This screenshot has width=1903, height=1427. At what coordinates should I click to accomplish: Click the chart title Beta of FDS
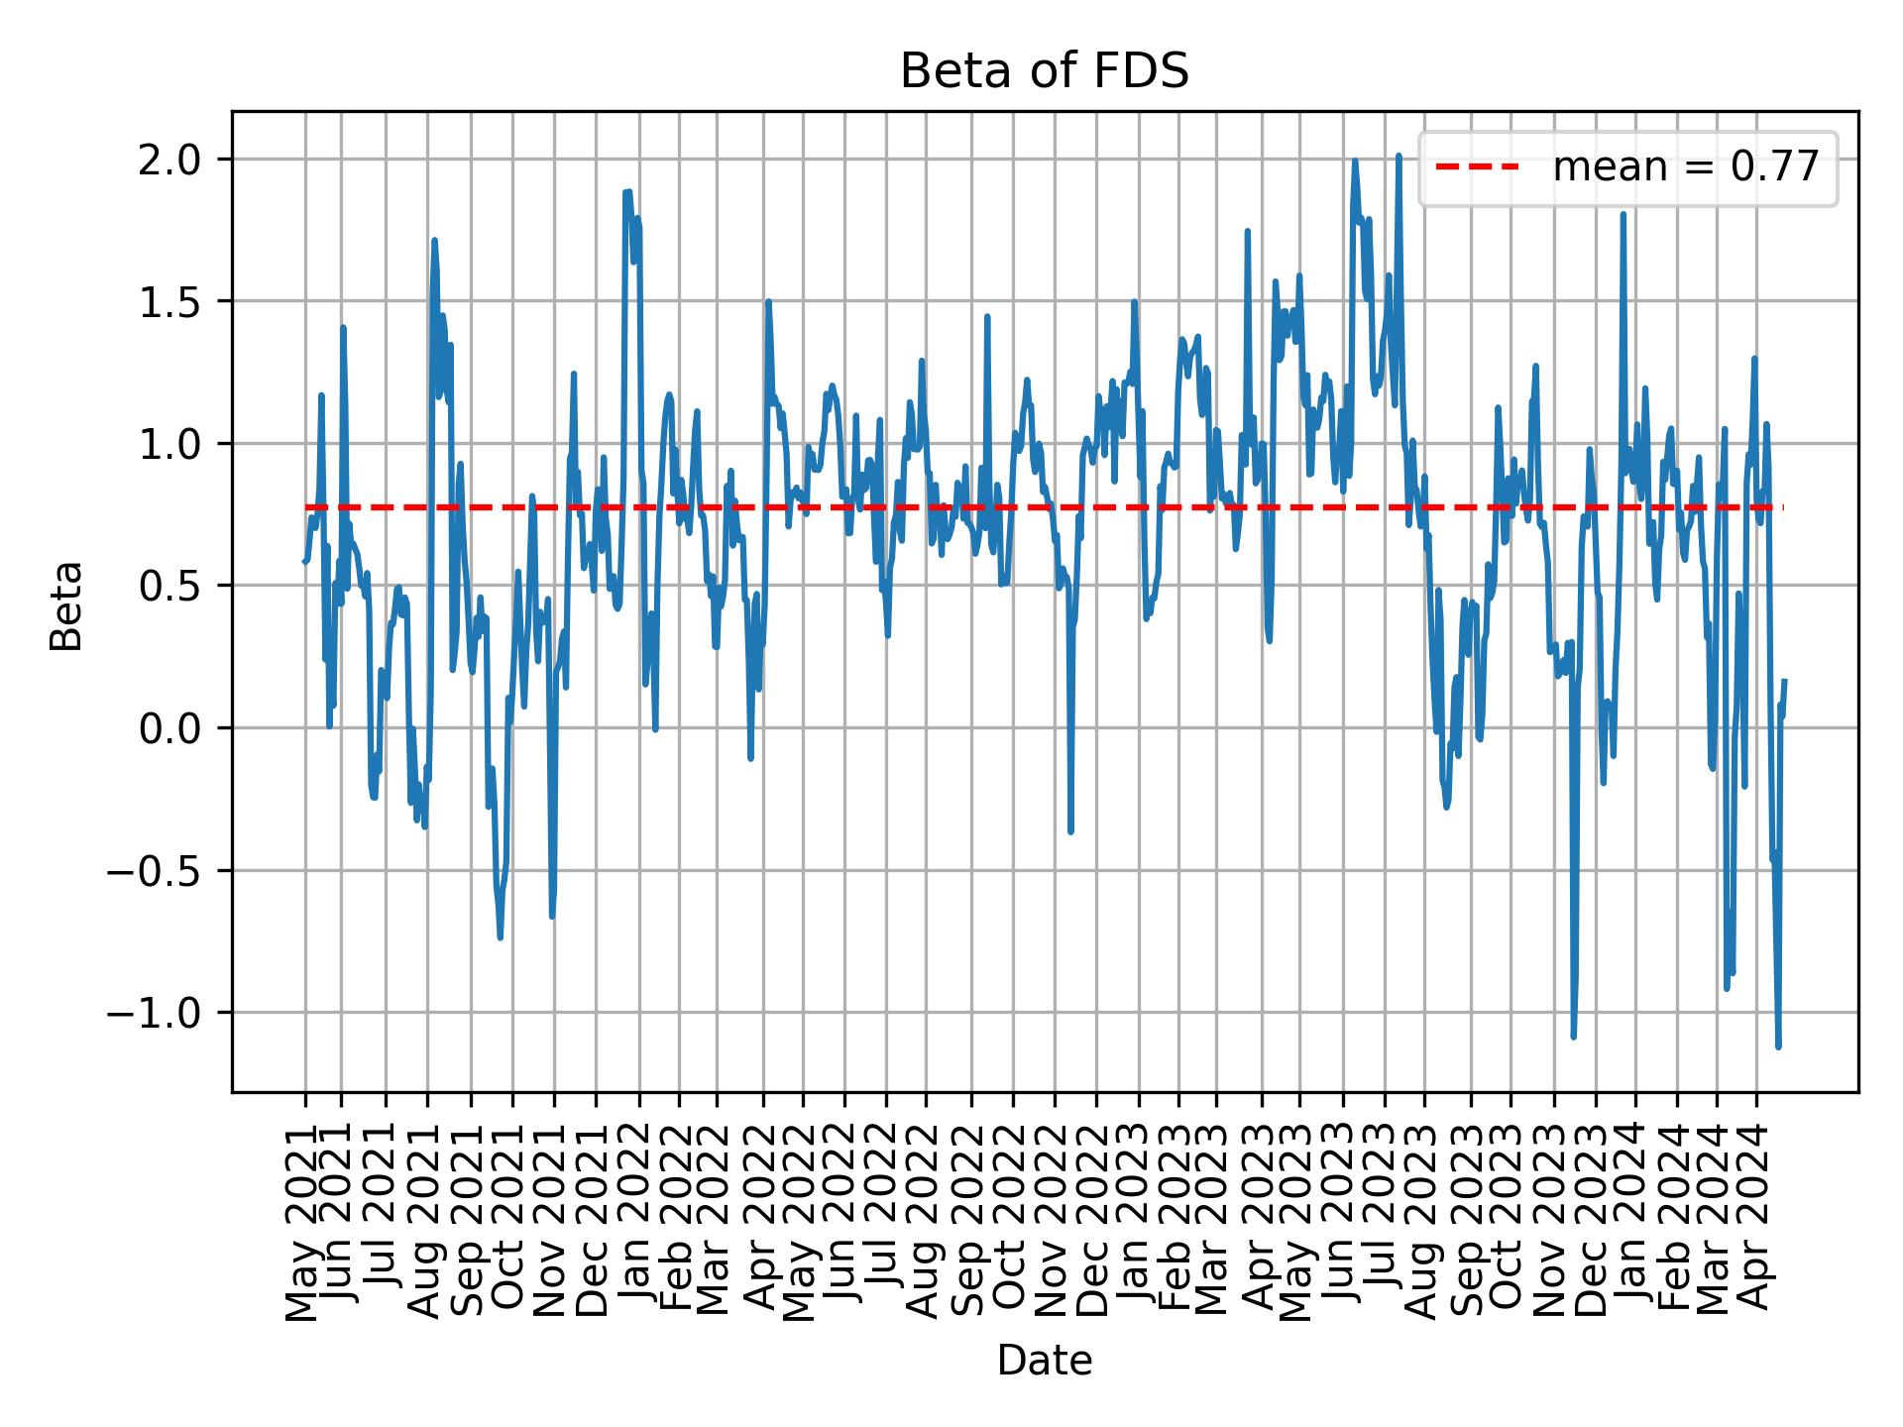tap(1044, 71)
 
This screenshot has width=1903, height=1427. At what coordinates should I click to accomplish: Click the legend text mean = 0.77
tap(1685, 167)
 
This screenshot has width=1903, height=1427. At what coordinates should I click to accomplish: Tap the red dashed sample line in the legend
tap(1477, 167)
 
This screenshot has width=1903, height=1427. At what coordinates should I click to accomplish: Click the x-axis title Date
tap(1044, 1362)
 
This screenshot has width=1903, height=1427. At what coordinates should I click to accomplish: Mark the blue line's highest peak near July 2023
tap(1399, 157)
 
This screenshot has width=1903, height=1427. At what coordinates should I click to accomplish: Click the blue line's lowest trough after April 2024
tap(1778, 1045)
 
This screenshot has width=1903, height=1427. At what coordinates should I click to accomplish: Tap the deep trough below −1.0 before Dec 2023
tap(1573, 1037)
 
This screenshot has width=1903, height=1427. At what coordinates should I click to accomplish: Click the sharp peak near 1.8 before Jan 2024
tap(1623, 215)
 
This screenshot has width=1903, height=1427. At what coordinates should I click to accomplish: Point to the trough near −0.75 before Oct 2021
tap(501, 936)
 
